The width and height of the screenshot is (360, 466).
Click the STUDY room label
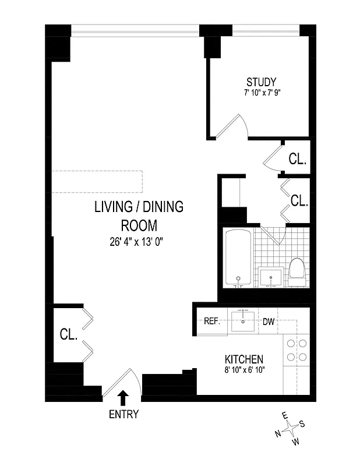(x=260, y=82)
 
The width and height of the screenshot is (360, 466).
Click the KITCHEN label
(x=244, y=359)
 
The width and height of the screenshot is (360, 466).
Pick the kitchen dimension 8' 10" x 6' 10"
(x=244, y=370)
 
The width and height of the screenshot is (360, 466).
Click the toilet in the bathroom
(x=297, y=273)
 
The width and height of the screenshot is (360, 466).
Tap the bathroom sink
(x=271, y=277)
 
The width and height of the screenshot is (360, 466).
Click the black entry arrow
(x=123, y=397)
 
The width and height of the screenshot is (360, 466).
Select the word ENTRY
(x=123, y=415)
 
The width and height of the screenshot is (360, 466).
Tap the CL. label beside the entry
(x=69, y=334)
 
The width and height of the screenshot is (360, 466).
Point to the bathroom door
(x=271, y=235)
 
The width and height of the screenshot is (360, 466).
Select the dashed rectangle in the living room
(x=97, y=181)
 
